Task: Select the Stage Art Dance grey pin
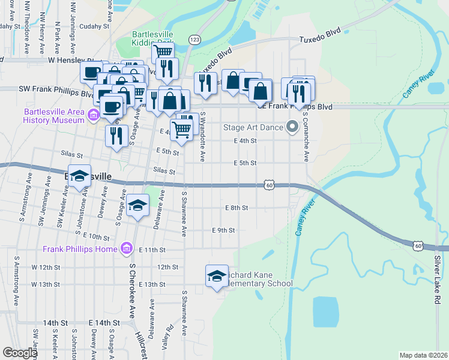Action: pos(292,127)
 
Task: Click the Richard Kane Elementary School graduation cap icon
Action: pos(217,276)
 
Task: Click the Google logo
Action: pos(20,353)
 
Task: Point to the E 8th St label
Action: pos(237,208)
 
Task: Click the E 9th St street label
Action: pos(223,230)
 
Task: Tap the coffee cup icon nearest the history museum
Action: pos(111,107)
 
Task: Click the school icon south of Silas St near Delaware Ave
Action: pos(138,206)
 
